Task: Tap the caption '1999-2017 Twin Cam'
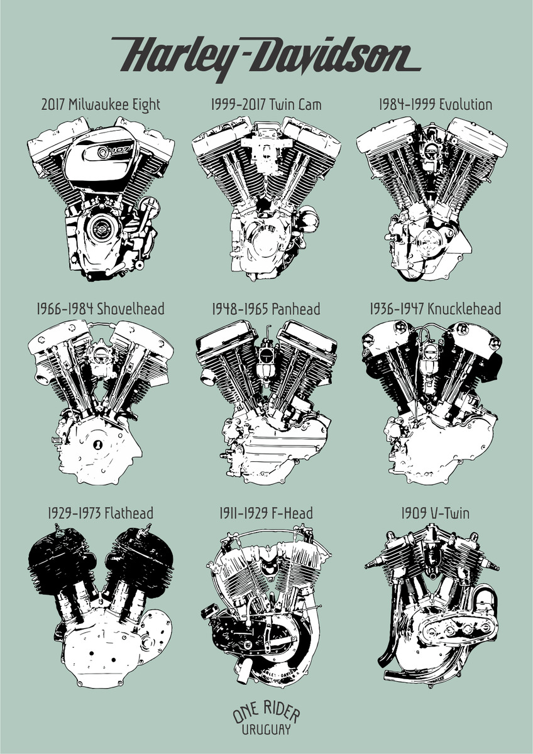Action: [x=266, y=104]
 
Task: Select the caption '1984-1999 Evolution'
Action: [x=435, y=104]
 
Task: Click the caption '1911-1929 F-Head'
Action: [x=267, y=514]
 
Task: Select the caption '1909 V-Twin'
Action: [x=435, y=514]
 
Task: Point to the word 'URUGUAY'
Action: [x=266, y=730]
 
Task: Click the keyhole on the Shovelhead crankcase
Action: [x=98, y=444]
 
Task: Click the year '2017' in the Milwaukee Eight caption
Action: [x=53, y=104]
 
